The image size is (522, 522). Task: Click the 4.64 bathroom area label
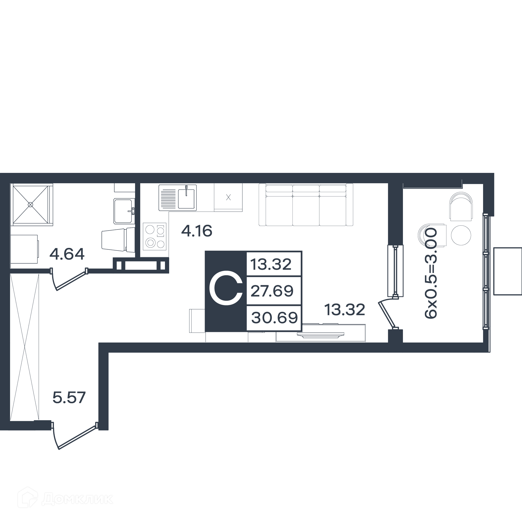click(67, 254)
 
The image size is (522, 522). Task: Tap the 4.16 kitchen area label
click(197, 231)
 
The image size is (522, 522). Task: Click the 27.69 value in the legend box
click(272, 291)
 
